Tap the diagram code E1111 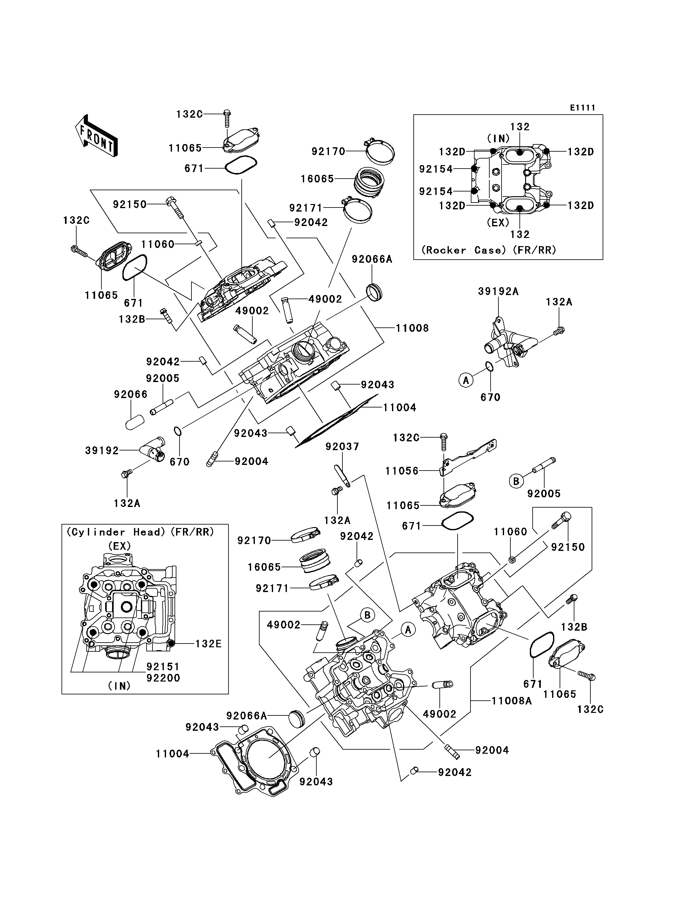click(x=582, y=108)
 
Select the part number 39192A click(x=498, y=291)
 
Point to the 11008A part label click(x=512, y=701)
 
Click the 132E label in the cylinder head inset click(x=208, y=644)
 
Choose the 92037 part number click(x=342, y=446)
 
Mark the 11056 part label click(x=402, y=471)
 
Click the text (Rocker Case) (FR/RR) click(x=489, y=250)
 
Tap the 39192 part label click(x=102, y=450)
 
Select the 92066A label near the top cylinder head click(x=372, y=259)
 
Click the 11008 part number click(x=412, y=328)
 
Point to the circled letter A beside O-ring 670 click(x=466, y=380)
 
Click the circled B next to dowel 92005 click(x=516, y=481)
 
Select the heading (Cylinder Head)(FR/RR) click(x=140, y=532)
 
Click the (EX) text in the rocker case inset click(x=498, y=223)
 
